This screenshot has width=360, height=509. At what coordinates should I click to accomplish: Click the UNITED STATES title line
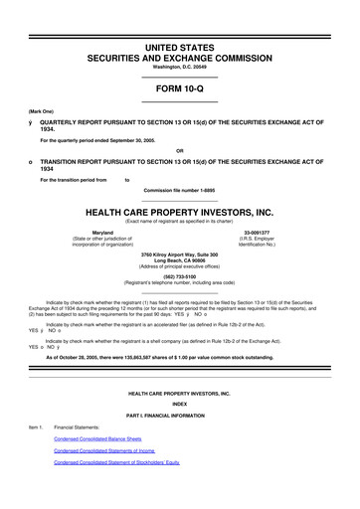(180, 47)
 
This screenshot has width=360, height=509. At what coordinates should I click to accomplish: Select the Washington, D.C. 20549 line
(180, 67)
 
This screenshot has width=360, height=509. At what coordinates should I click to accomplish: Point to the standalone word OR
(180, 151)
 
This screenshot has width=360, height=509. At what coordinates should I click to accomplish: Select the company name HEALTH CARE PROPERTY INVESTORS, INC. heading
(180, 213)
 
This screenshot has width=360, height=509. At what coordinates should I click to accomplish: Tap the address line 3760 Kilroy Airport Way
(180, 255)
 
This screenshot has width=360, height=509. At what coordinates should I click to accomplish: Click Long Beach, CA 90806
(180, 262)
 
